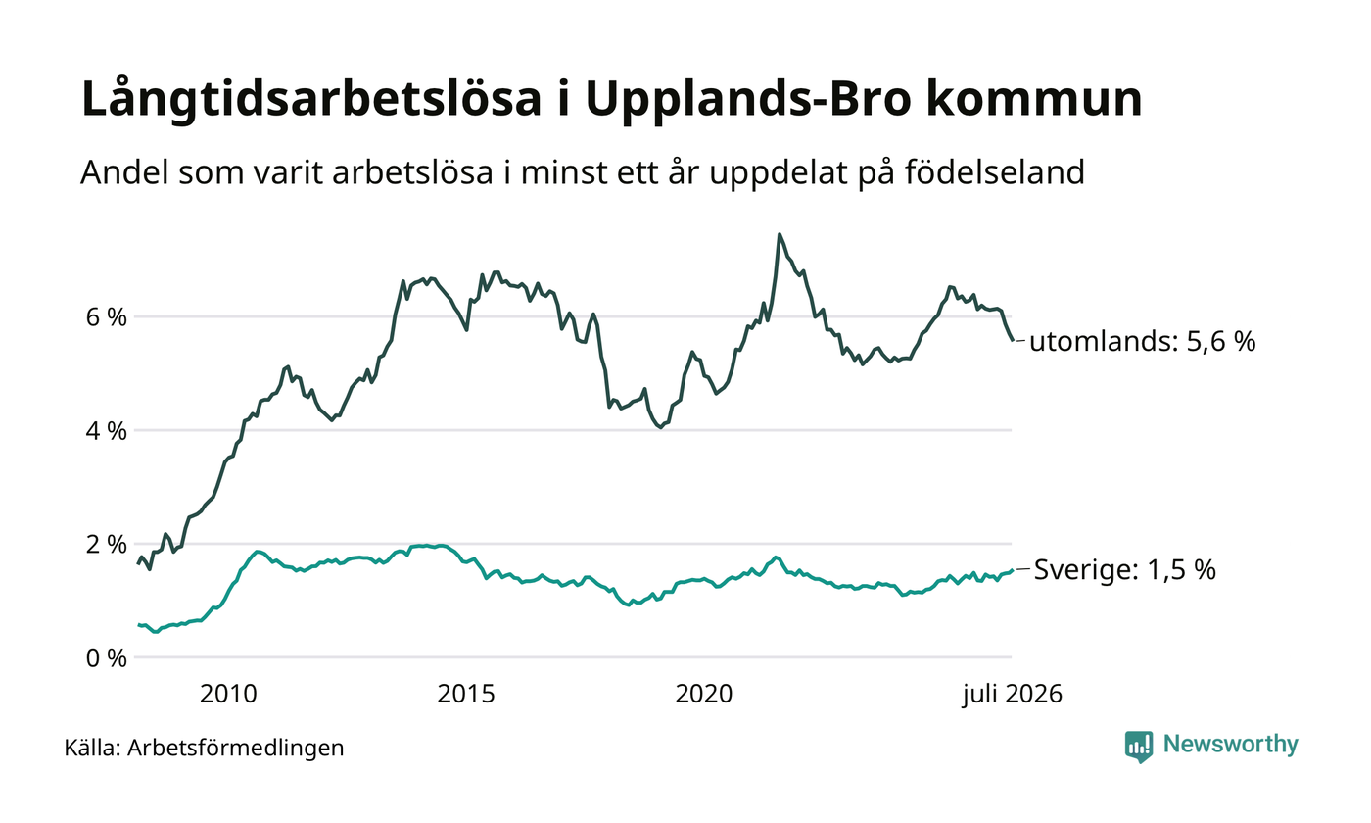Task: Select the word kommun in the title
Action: point(1034,98)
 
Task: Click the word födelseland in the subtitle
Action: point(995,172)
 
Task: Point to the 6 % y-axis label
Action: point(107,317)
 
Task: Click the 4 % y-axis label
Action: point(107,431)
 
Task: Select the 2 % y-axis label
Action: point(107,545)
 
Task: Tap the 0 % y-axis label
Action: point(107,658)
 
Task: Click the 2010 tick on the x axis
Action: point(228,694)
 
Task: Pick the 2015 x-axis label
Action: point(466,694)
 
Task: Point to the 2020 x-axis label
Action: point(704,694)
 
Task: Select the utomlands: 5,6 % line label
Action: point(1142,341)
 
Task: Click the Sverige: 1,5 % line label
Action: point(1125,570)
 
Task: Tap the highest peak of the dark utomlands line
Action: point(780,234)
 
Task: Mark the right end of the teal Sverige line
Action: point(1013,570)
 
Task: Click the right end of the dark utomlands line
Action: point(1013,341)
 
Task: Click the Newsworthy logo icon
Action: point(1138,747)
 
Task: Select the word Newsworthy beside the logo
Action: point(1230,744)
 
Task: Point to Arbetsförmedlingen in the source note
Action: point(236,749)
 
